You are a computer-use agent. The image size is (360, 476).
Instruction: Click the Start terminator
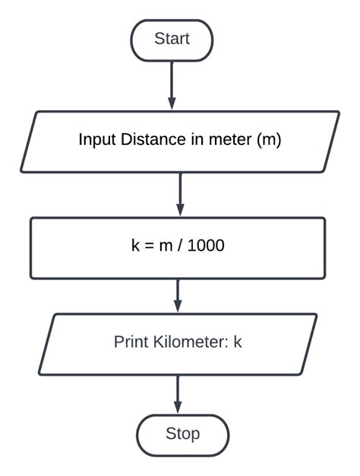point(172,39)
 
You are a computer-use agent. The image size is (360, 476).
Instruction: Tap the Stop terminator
point(182,434)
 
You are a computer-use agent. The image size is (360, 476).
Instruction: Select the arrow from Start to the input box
point(172,85)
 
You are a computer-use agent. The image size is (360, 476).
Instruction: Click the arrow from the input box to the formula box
point(180,194)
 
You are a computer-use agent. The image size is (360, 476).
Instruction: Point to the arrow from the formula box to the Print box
point(178,296)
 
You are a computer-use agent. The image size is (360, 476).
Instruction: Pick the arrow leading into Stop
point(178,395)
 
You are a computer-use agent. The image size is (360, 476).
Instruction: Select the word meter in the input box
point(229,140)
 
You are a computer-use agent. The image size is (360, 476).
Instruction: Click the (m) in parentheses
point(268,140)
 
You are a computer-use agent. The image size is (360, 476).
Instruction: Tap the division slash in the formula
point(179,246)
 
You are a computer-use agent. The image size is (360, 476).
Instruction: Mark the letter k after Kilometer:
point(238,342)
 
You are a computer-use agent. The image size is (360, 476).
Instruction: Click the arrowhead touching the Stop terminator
point(178,408)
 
